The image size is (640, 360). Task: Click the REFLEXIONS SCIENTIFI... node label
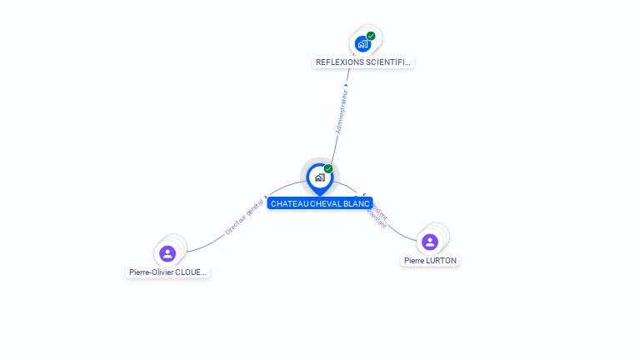(x=362, y=62)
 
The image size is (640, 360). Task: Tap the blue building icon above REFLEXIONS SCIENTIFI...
(x=362, y=44)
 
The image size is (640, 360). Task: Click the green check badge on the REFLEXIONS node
(x=371, y=36)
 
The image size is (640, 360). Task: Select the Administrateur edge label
(x=341, y=111)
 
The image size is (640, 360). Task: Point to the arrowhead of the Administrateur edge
(x=347, y=84)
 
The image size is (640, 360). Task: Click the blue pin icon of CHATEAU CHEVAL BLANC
(x=319, y=177)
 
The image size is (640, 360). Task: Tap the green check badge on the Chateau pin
(x=328, y=169)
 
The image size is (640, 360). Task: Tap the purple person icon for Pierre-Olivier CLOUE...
(x=167, y=253)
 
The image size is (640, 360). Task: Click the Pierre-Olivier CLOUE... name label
(x=167, y=272)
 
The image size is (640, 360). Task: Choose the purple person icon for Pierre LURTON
(x=430, y=242)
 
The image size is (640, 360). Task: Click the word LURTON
(x=441, y=261)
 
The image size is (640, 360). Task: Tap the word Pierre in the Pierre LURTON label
(x=414, y=261)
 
